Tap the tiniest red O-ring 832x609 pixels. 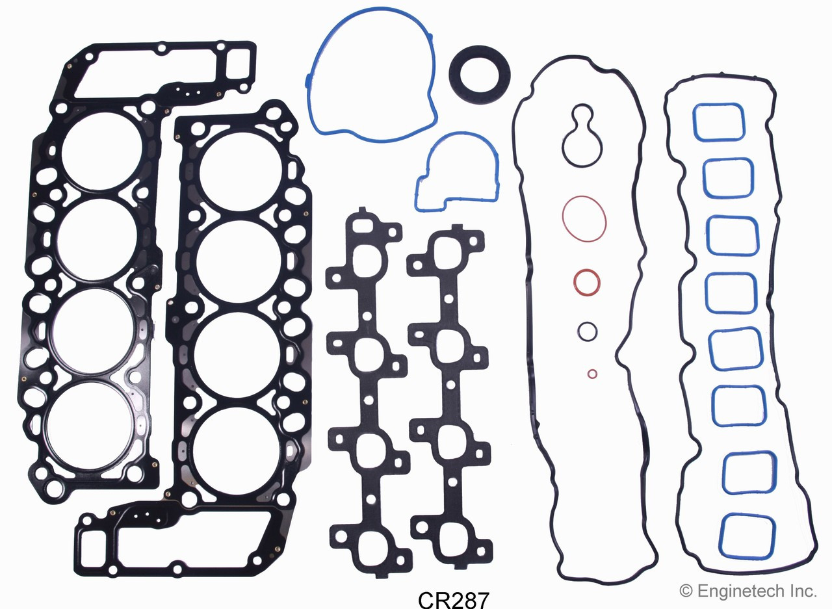click(x=592, y=374)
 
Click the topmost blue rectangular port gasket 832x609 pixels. click(x=718, y=122)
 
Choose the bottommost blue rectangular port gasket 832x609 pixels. click(x=747, y=534)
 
